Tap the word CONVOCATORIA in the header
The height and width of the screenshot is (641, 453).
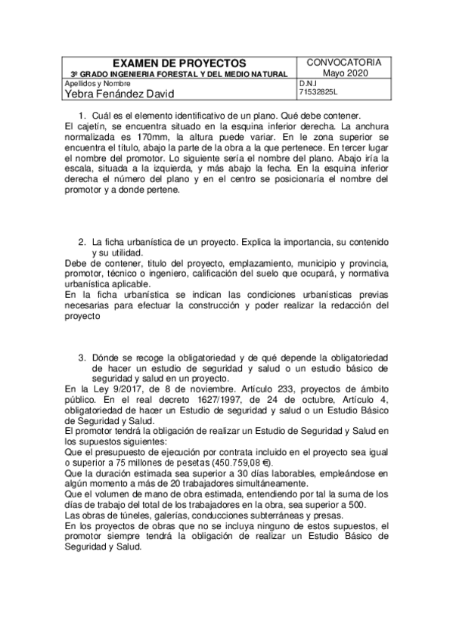[x=344, y=62]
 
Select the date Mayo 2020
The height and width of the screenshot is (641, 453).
[x=344, y=73]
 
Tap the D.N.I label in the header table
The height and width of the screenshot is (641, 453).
[x=307, y=83]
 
